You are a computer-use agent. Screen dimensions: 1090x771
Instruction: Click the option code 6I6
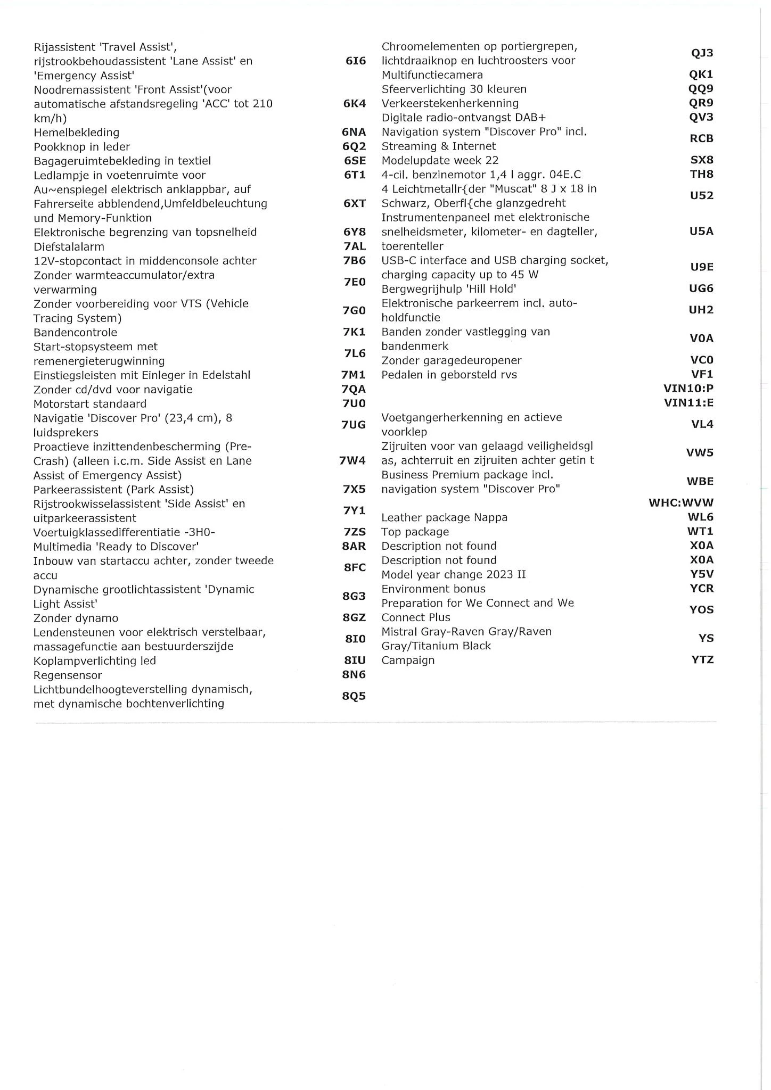pyautogui.click(x=356, y=61)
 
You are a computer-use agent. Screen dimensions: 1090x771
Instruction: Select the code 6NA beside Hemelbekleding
pyautogui.click(x=354, y=133)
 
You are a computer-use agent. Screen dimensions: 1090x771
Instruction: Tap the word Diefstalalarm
pyautogui.click(x=69, y=247)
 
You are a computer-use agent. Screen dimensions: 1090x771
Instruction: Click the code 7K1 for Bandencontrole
pyautogui.click(x=354, y=332)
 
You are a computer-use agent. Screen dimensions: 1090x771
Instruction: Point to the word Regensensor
pyautogui.click(x=68, y=675)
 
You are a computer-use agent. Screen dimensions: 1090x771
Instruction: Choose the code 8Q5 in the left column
pyautogui.click(x=354, y=696)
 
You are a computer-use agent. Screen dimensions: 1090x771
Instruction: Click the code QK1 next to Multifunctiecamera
pyautogui.click(x=701, y=75)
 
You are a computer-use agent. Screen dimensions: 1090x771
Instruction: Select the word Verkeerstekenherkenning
pyautogui.click(x=450, y=103)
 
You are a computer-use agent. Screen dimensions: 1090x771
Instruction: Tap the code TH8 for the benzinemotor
pyautogui.click(x=701, y=174)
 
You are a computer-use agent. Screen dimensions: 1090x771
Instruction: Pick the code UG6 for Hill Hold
pyautogui.click(x=701, y=288)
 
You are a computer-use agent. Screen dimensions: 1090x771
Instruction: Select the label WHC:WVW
pyautogui.click(x=681, y=502)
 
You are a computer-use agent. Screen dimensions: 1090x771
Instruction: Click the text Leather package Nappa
pyautogui.click(x=444, y=517)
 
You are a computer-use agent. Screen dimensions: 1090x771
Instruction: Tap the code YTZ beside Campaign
pyautogui.click(x=702, y=660)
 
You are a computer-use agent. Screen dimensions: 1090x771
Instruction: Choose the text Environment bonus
pyautogui.click(x=433, y=589)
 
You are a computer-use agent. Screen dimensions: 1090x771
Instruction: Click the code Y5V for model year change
pyautogui.click(x=702, y=574)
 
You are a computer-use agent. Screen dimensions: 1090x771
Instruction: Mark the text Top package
pyautogui.click(x=415, y=532)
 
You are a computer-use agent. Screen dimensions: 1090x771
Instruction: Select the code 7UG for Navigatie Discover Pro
pyautogui.click(x=354, y=425)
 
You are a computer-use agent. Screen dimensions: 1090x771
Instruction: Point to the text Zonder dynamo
pyautogui.click(x=76, y=618)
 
